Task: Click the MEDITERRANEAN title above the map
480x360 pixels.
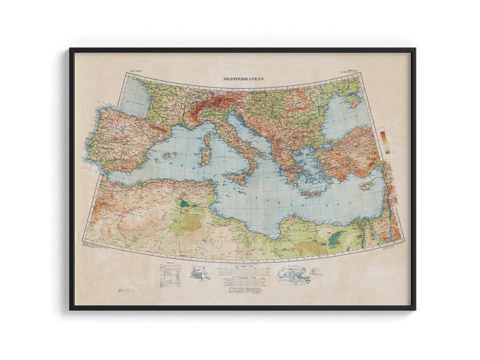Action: [x=243, y=79]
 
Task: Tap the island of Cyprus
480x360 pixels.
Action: [x=367, y=184]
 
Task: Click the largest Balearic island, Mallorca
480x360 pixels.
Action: [x=168, y=156]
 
